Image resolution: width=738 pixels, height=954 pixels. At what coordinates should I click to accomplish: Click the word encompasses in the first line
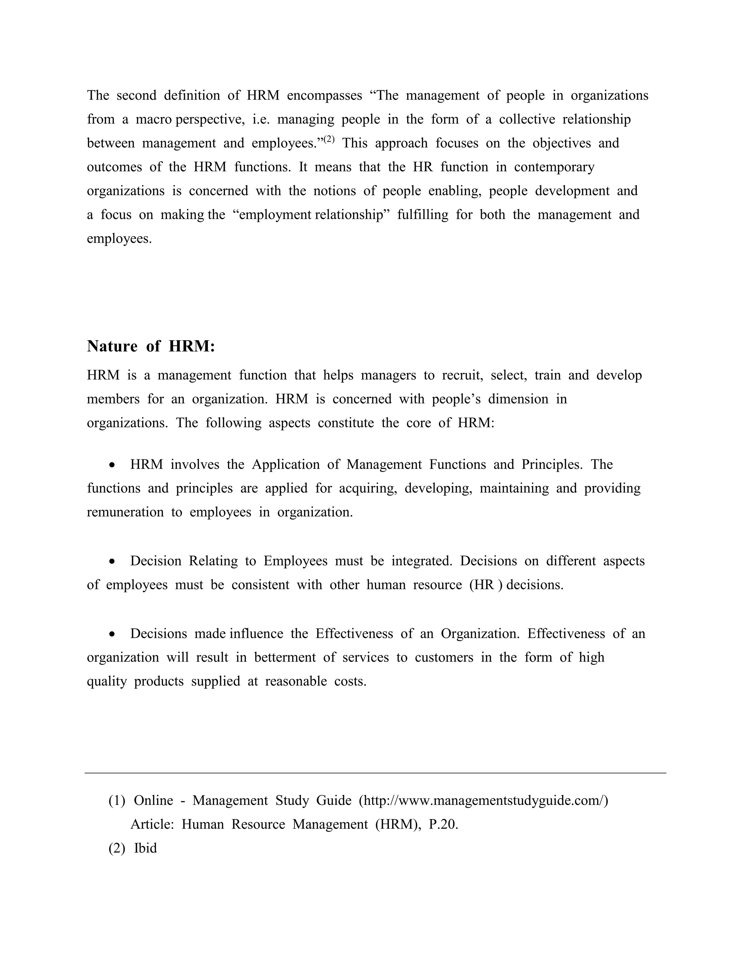click(x=324, y=96)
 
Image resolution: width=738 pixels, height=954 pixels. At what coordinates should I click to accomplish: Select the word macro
click(x=154, y=119)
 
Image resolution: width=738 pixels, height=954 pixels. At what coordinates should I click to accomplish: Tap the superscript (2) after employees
click(x=329, y=139)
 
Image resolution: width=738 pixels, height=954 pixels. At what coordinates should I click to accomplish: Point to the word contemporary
click(x=554, y=167)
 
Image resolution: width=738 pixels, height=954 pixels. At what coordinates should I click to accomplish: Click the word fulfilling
click(x=422, y=215)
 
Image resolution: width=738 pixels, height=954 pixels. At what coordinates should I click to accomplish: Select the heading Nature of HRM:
click(x=151, y=346)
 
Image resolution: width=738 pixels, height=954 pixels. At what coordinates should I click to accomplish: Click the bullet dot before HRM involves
click(x=113, y=465)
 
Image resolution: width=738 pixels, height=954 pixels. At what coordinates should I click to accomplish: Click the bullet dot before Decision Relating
click(x=113, y=562)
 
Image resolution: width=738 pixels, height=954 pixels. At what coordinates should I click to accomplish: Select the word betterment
click(x=285, y=658)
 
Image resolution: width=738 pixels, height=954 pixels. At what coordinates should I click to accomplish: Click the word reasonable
click(x=296, y=681)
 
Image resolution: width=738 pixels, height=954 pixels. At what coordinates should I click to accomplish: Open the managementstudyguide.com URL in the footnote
click(x=484, y=801)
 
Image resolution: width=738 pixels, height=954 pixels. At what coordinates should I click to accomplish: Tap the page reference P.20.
click(x=443, y=825)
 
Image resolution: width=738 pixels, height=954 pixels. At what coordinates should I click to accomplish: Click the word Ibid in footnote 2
click(x=145, y=848)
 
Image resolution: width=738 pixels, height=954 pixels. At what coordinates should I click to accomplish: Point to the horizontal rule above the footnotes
click(x=375, y=773)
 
